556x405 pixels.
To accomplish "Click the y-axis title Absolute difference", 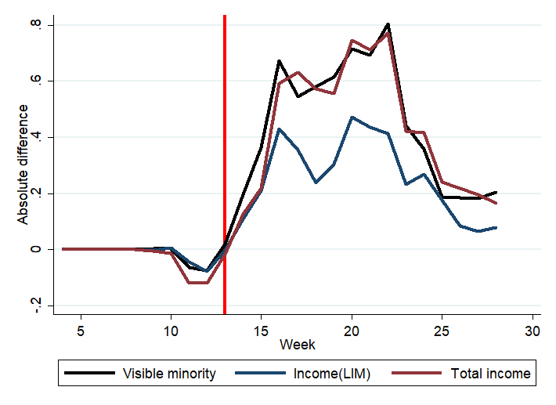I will point(23,165).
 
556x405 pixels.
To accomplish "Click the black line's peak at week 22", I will point(388,24).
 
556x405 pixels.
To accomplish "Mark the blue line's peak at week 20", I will point(352,118).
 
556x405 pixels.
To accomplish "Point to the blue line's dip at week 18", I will point(316,183).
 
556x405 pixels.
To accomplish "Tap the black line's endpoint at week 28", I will point(496,192).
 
